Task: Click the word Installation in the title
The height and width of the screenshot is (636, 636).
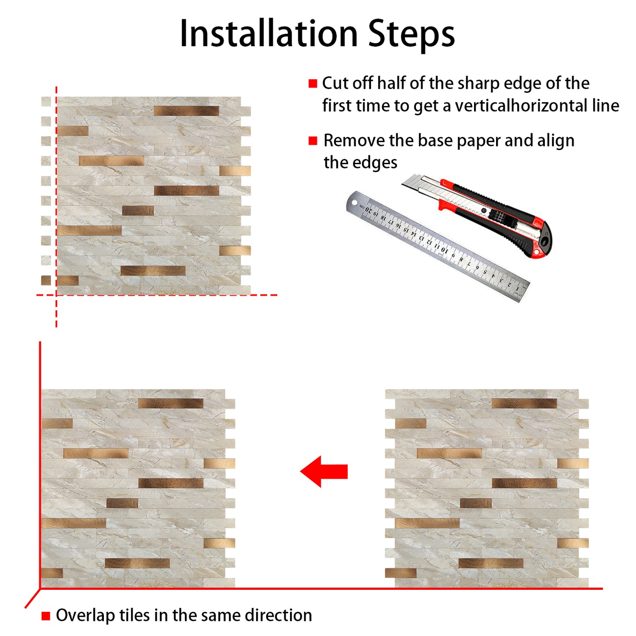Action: tap(268, 34)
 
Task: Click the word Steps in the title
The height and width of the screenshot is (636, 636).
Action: tap(411, 34)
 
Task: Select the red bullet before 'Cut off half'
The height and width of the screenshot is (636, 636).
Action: tap(313, 84)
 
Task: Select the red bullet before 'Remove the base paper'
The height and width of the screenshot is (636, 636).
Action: tap(313, 141)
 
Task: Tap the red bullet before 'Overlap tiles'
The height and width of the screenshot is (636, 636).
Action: tap(46, 616)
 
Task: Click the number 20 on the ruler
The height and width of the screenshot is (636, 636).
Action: tap(369, 210)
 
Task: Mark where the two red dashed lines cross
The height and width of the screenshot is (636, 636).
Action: tap(56, 295)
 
